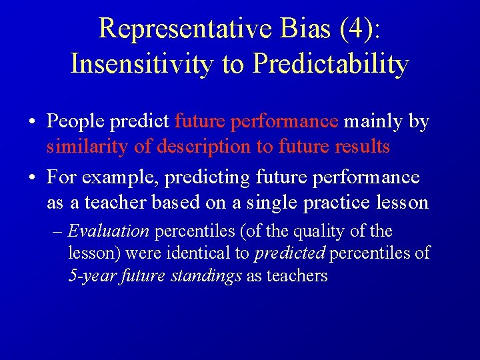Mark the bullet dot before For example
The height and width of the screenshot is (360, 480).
point(31,178)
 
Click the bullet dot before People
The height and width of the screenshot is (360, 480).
point(31,122)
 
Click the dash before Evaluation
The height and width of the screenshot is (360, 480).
point(57,232)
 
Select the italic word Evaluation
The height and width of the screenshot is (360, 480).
point(108,232)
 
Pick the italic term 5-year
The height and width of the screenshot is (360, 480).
point(93,276)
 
